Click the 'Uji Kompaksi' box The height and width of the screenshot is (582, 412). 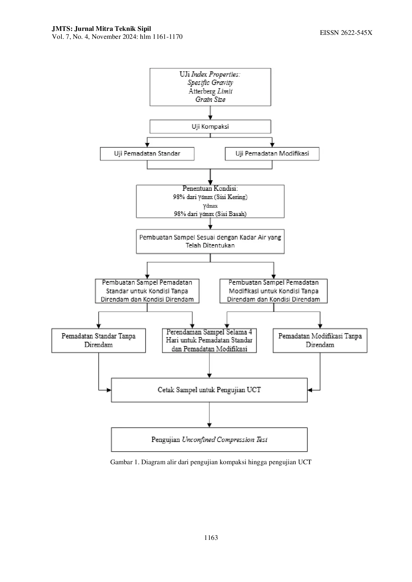[210, 126]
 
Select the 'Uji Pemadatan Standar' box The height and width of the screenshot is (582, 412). [147, 154]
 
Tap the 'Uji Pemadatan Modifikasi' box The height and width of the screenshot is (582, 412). [272, 154]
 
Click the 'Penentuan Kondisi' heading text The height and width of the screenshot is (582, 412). [210, 188]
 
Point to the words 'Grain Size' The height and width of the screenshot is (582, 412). [210, 99]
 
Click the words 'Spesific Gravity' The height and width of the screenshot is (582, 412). [210, 83]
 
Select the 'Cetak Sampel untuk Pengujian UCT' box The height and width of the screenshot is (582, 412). [209, 390]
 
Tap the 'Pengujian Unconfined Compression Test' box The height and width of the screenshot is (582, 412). [209, 440]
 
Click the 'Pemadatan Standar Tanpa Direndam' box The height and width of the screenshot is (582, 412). [99, 340]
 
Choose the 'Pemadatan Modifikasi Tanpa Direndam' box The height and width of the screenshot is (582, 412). [320, 340]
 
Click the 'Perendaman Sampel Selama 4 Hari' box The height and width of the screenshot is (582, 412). [209, 340]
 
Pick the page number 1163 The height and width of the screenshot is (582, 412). [211, 538]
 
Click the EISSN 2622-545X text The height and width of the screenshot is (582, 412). [346, 33]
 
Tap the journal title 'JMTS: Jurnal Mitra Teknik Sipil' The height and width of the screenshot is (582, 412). [101, 29]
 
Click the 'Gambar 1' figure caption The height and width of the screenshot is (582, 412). [211, 462]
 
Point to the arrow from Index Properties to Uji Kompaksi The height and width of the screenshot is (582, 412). [210, 113]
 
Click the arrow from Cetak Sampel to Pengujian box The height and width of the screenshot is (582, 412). [209, 415]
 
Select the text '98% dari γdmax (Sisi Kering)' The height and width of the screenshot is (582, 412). [210, 197]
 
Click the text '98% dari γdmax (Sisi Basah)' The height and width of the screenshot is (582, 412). [210, 214]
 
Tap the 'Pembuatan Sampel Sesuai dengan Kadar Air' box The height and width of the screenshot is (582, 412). [210, 241]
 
